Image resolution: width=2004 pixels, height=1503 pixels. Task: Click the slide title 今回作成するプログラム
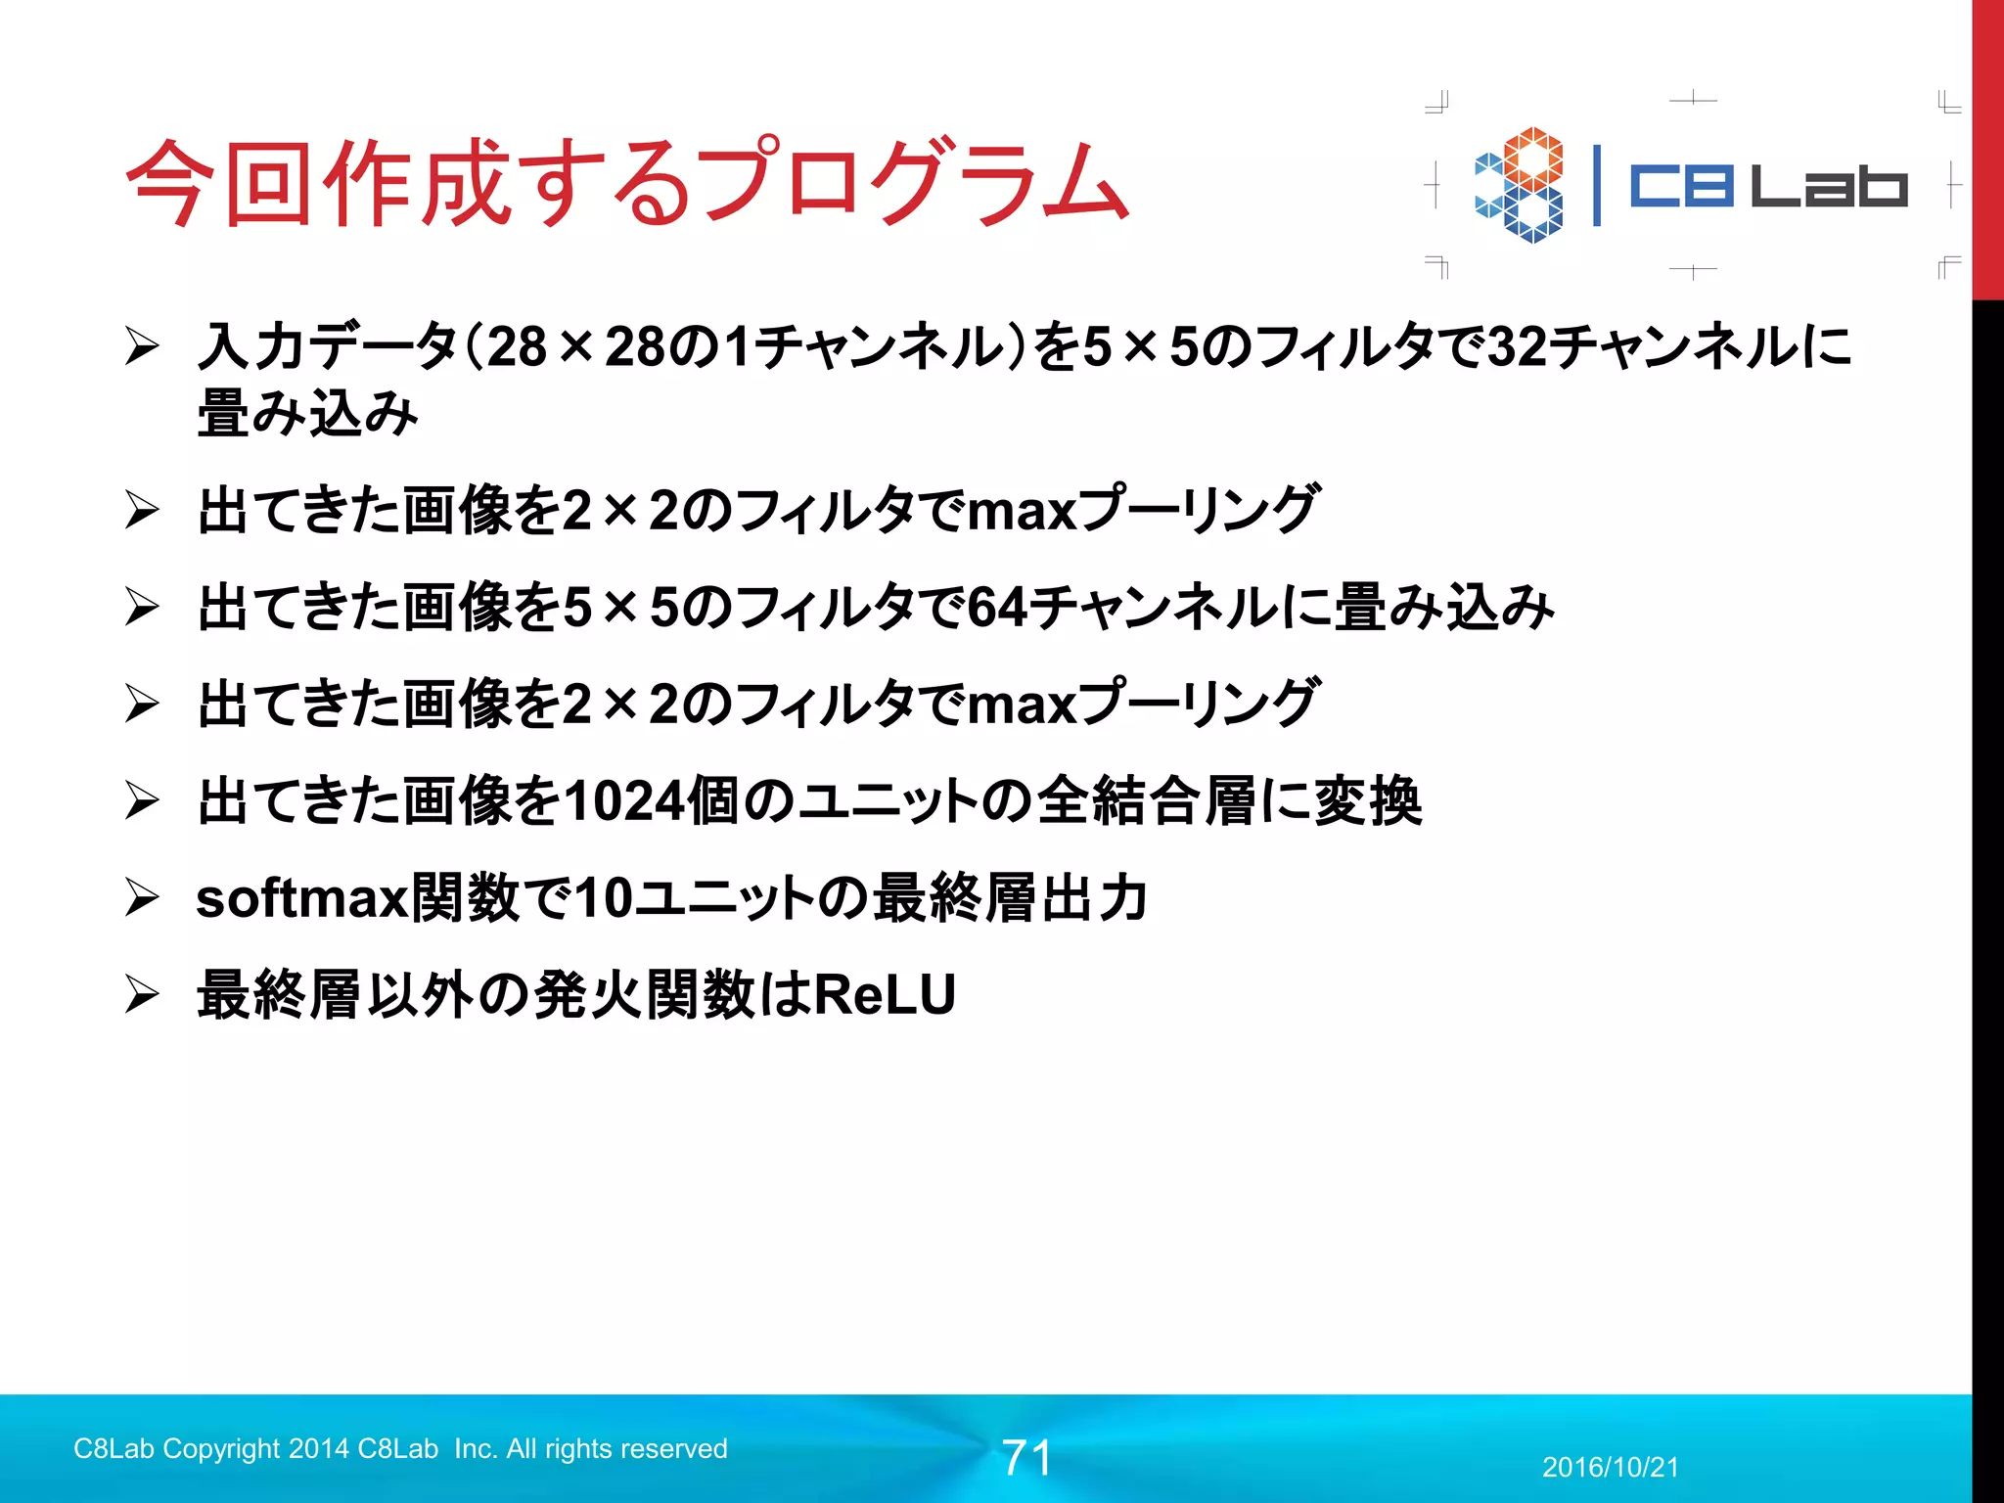tap(626, 183)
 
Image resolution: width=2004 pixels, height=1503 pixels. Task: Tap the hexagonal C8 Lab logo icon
tap(1520, 185)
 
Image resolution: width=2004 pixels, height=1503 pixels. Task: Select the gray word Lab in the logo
tap(1829, 186)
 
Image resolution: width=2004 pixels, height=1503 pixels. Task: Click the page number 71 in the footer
tap(1026, 1458)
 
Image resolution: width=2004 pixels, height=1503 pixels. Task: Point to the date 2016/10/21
tap(1610, 1468)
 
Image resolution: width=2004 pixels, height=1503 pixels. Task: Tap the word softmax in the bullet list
tap(301, 898)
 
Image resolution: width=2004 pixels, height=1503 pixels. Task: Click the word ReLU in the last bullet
tap(885, 995)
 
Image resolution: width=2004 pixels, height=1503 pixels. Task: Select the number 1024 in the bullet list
tap(624, 801)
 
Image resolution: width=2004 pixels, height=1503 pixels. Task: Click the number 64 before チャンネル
tap(997, 608)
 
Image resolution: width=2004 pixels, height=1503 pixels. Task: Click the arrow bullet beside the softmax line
tap(142, 898)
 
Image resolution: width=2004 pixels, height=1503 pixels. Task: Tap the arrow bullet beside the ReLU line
tap(142, 995)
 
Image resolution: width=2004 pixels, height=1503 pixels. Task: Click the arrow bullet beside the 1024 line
tap(142, 801)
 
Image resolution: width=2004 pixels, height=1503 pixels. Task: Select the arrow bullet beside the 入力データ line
tap(142, 347)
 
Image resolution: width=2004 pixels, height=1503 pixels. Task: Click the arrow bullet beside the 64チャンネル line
tap(142, 608)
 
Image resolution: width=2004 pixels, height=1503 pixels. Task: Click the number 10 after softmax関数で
tap(603, 898)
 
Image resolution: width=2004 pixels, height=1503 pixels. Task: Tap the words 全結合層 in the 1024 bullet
tap(1146, 801)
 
